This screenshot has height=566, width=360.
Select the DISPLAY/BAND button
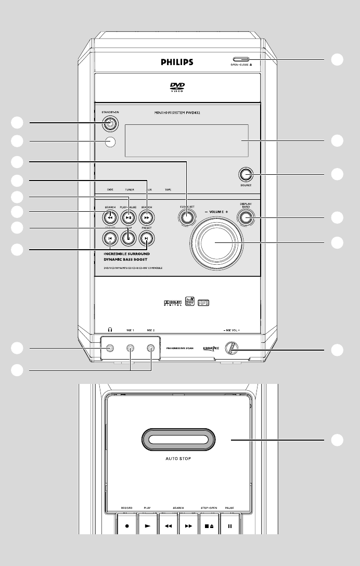point(246,217)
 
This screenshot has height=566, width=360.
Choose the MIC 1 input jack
point(130,349)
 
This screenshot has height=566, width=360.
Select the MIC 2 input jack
point(151,349)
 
